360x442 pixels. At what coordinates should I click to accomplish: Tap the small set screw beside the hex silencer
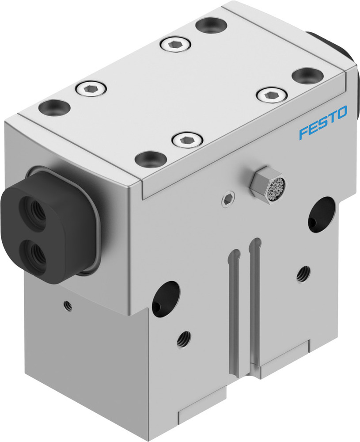[227, 200]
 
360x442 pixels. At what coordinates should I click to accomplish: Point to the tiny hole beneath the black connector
[67, 304]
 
